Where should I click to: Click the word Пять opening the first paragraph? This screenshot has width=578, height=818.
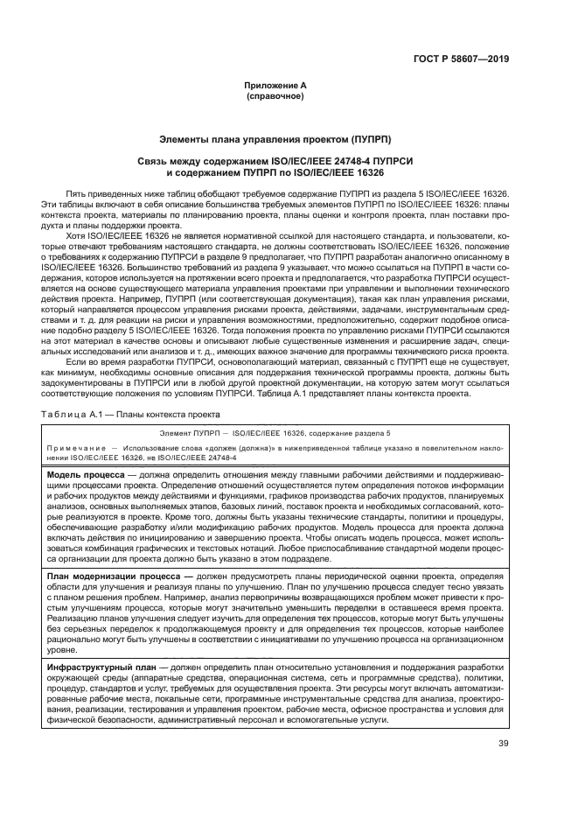[75, 192]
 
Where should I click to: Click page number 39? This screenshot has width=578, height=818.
[502, 768]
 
